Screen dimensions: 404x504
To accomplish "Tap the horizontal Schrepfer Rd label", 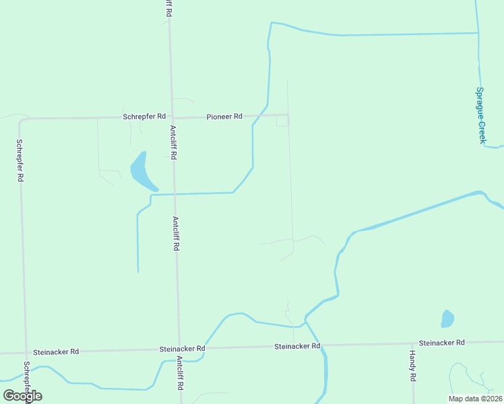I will pos(144,116).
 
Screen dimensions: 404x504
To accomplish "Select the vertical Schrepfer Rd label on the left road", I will pos(20,161).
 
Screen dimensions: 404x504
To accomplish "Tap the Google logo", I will pos(22,396).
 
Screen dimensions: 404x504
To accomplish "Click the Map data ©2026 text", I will pos(475,399).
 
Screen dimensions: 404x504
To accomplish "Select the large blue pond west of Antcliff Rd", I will pos(141,171).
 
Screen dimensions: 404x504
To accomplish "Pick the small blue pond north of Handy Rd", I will pos(447,318).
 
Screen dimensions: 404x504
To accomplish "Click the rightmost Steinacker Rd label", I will pos(442,343).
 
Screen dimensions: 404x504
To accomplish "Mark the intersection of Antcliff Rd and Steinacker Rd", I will pos(179,349).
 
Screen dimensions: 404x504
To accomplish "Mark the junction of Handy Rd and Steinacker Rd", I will pos(412,343).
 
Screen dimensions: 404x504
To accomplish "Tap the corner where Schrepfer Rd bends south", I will pos(21,121).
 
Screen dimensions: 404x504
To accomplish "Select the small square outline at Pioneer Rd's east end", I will pos(282,121).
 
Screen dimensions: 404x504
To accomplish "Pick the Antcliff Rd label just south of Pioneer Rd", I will pos(173,142).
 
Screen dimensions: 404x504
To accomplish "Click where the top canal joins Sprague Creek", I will pos(478,32).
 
